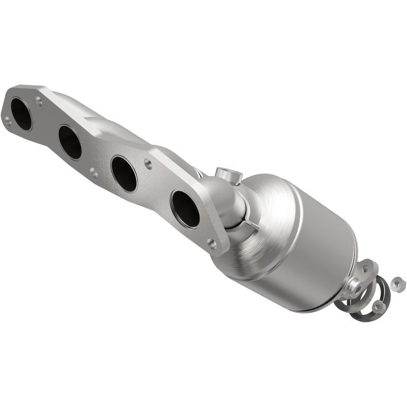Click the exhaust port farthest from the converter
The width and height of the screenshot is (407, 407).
[21, 113]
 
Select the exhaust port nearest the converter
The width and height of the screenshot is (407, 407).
[185, 208]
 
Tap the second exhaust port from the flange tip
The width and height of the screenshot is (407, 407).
[70, 142]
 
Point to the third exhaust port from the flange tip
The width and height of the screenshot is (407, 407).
[124, 173]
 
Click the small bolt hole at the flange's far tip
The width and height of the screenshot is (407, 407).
[7, 120]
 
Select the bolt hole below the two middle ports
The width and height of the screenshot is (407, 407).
[94, 173]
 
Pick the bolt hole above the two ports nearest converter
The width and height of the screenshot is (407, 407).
[148, 163]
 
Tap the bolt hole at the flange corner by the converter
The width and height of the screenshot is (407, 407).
[212, 244]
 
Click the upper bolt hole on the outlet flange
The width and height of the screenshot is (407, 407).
[365, 269]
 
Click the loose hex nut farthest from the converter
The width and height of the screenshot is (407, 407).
[397, 281]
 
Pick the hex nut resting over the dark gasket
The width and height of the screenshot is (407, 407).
[377, 306]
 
